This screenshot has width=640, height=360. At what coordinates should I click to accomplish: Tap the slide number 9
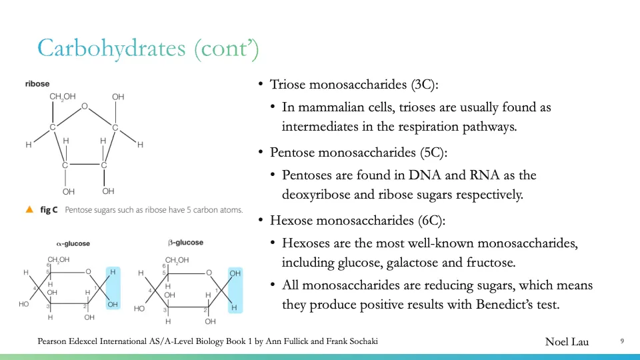tap(621, 341)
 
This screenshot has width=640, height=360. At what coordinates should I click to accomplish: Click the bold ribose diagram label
tap(37, 84)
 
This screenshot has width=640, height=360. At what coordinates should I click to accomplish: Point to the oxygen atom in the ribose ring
tap(84, 106)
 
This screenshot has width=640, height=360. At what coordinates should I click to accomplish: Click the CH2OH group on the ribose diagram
tap(63, 97)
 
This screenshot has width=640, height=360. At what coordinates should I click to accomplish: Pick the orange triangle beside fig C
tap(29, 210)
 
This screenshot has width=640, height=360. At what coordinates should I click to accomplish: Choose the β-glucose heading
tap(186, 243)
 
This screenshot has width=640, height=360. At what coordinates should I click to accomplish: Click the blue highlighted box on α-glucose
tap(113, 288)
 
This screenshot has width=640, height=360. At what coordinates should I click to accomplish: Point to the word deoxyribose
tap(317, 195)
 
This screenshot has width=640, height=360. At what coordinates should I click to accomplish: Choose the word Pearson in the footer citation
tap(54, 341)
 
